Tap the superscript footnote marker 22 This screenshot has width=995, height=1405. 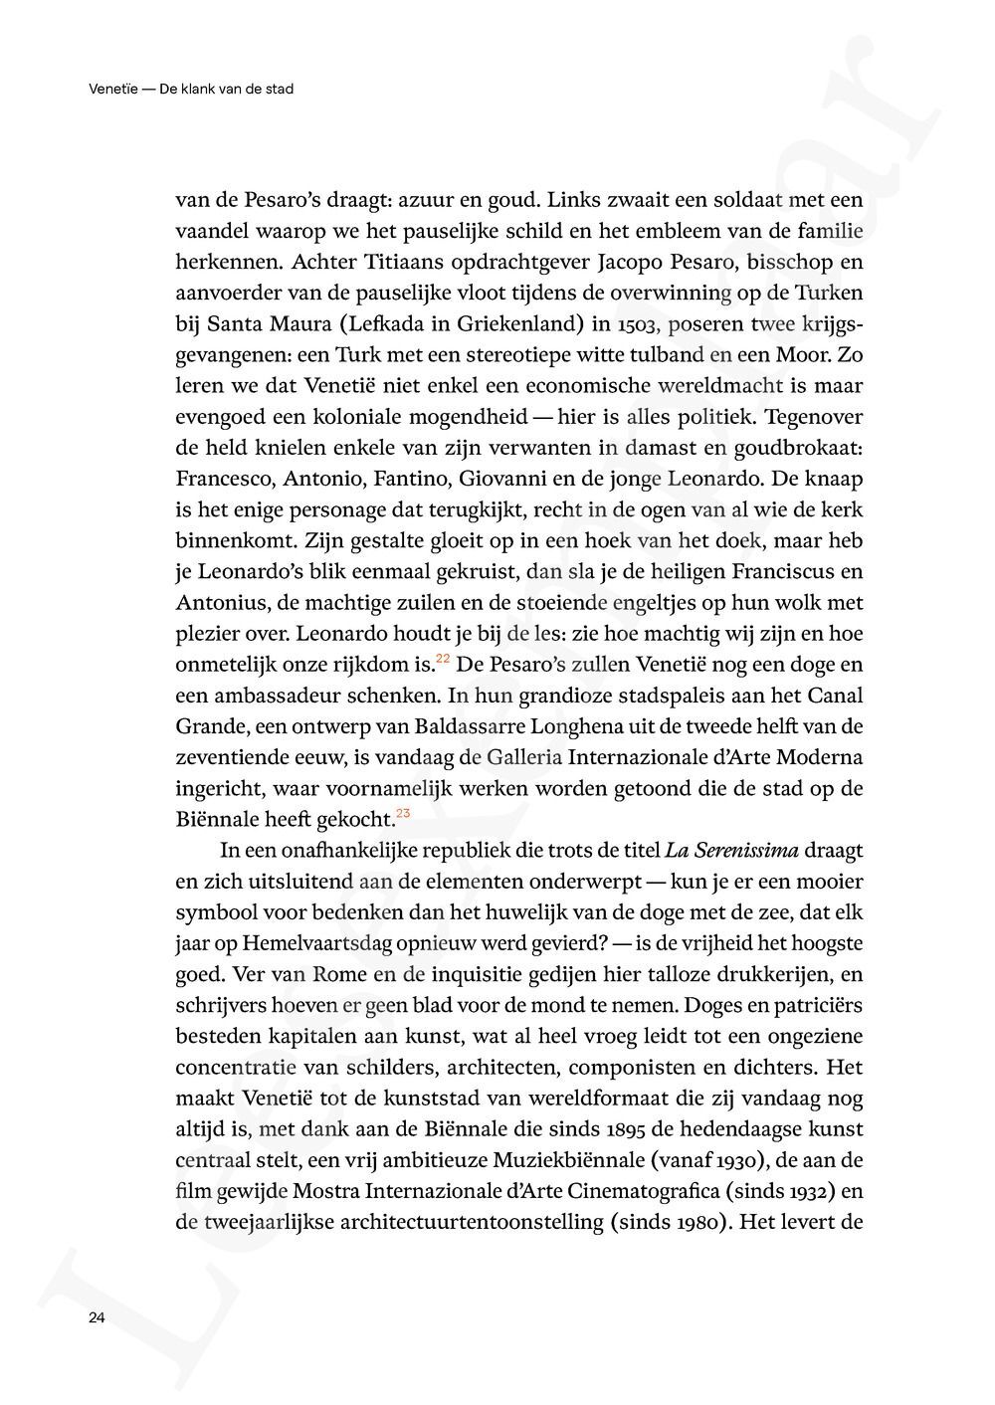point(443,659)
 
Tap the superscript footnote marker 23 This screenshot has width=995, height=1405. point(403,814)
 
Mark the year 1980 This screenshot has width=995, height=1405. point(696,1222)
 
